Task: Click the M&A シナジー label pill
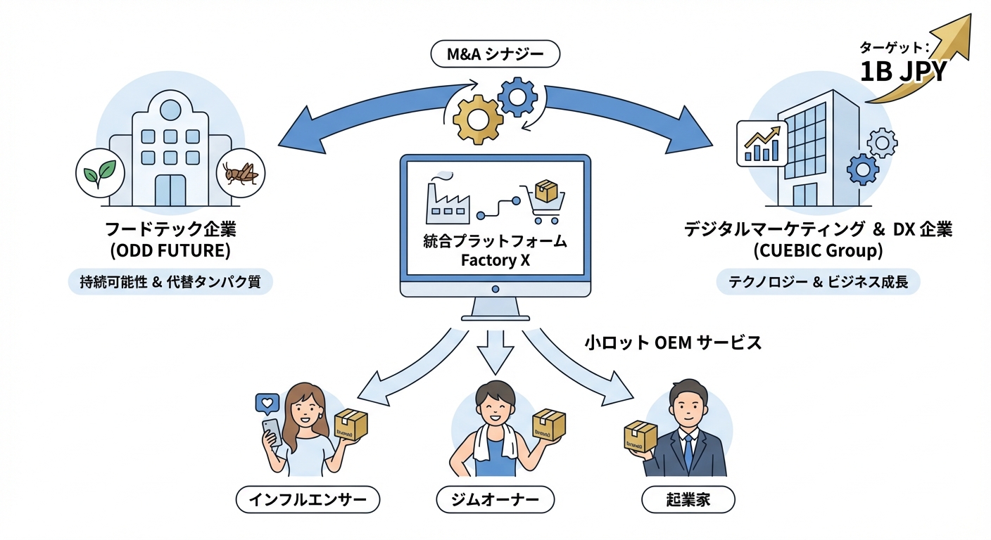coord(495,54)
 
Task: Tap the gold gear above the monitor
coord(477,119)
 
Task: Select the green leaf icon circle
coord(97,172)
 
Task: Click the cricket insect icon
coord(241,172)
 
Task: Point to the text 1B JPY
coord(903,71)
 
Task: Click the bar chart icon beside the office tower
coord(762,143)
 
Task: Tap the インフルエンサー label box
coord(308,500)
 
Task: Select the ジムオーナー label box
coord(495,500)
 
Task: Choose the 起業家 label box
coord(688,500)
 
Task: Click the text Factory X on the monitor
coord(494,259)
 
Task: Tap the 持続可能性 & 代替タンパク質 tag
coord(170,282)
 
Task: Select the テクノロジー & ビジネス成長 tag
coord(817,282)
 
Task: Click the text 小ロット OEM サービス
coord(673,342)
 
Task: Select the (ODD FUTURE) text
coord(170,250)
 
